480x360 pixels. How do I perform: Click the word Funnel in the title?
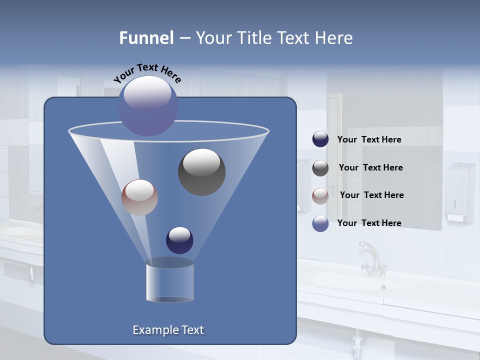[146, 38]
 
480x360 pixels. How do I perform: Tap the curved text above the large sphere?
[147, 73]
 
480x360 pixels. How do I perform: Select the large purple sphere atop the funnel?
[148, 105]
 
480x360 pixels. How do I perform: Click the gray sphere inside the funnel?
[201, 171]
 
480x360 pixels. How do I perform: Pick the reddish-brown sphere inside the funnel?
[139, 197]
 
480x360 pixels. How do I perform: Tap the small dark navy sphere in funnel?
[179, 240]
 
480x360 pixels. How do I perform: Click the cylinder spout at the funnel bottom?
[170, 281]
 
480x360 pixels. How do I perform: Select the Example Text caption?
[168, 330]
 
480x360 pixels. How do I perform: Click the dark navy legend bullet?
[320, 139]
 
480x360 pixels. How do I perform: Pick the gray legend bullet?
[320, 168]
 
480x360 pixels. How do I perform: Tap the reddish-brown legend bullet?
[320, 195]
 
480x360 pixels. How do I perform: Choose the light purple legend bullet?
[320, 223]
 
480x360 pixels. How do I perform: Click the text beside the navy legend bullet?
[369, 139]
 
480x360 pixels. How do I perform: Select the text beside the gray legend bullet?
[370, 167]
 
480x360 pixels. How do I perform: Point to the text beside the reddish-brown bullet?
[371, 195]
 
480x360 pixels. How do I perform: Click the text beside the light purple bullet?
[369, 223]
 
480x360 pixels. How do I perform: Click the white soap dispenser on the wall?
[459, 193]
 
